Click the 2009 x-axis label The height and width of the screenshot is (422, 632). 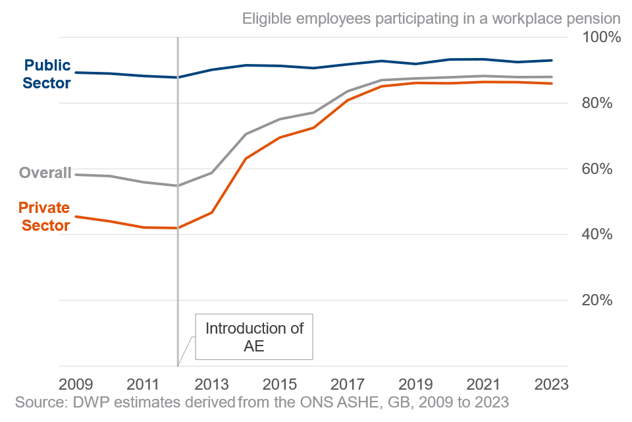pyautogui.click(x=76, y=384)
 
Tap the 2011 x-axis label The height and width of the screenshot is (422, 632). pyautogui.click(x=144, y=384)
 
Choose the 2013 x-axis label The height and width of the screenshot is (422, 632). pyautogui.click(x=211, y=384)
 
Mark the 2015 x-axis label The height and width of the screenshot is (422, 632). pyautogui.click(x=279, y=384)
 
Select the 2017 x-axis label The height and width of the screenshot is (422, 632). pyautogui.click(x=347, y=384)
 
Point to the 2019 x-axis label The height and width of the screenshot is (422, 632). pyautogui.click(x=415, y=384)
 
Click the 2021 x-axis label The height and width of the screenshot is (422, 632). pyautogui.click(x=483, y=384)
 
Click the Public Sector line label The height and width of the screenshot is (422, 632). pyautogui.click(x=47, y=75)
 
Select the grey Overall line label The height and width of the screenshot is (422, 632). pyautogui.click(x=45, y=173)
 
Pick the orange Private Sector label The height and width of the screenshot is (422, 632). pyautogui.click(x=43, y=217)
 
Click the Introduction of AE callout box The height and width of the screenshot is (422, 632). pyautogui.click(x=253, y=337)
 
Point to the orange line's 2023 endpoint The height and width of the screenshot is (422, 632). pyautogui.click(x=552, y=83)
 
